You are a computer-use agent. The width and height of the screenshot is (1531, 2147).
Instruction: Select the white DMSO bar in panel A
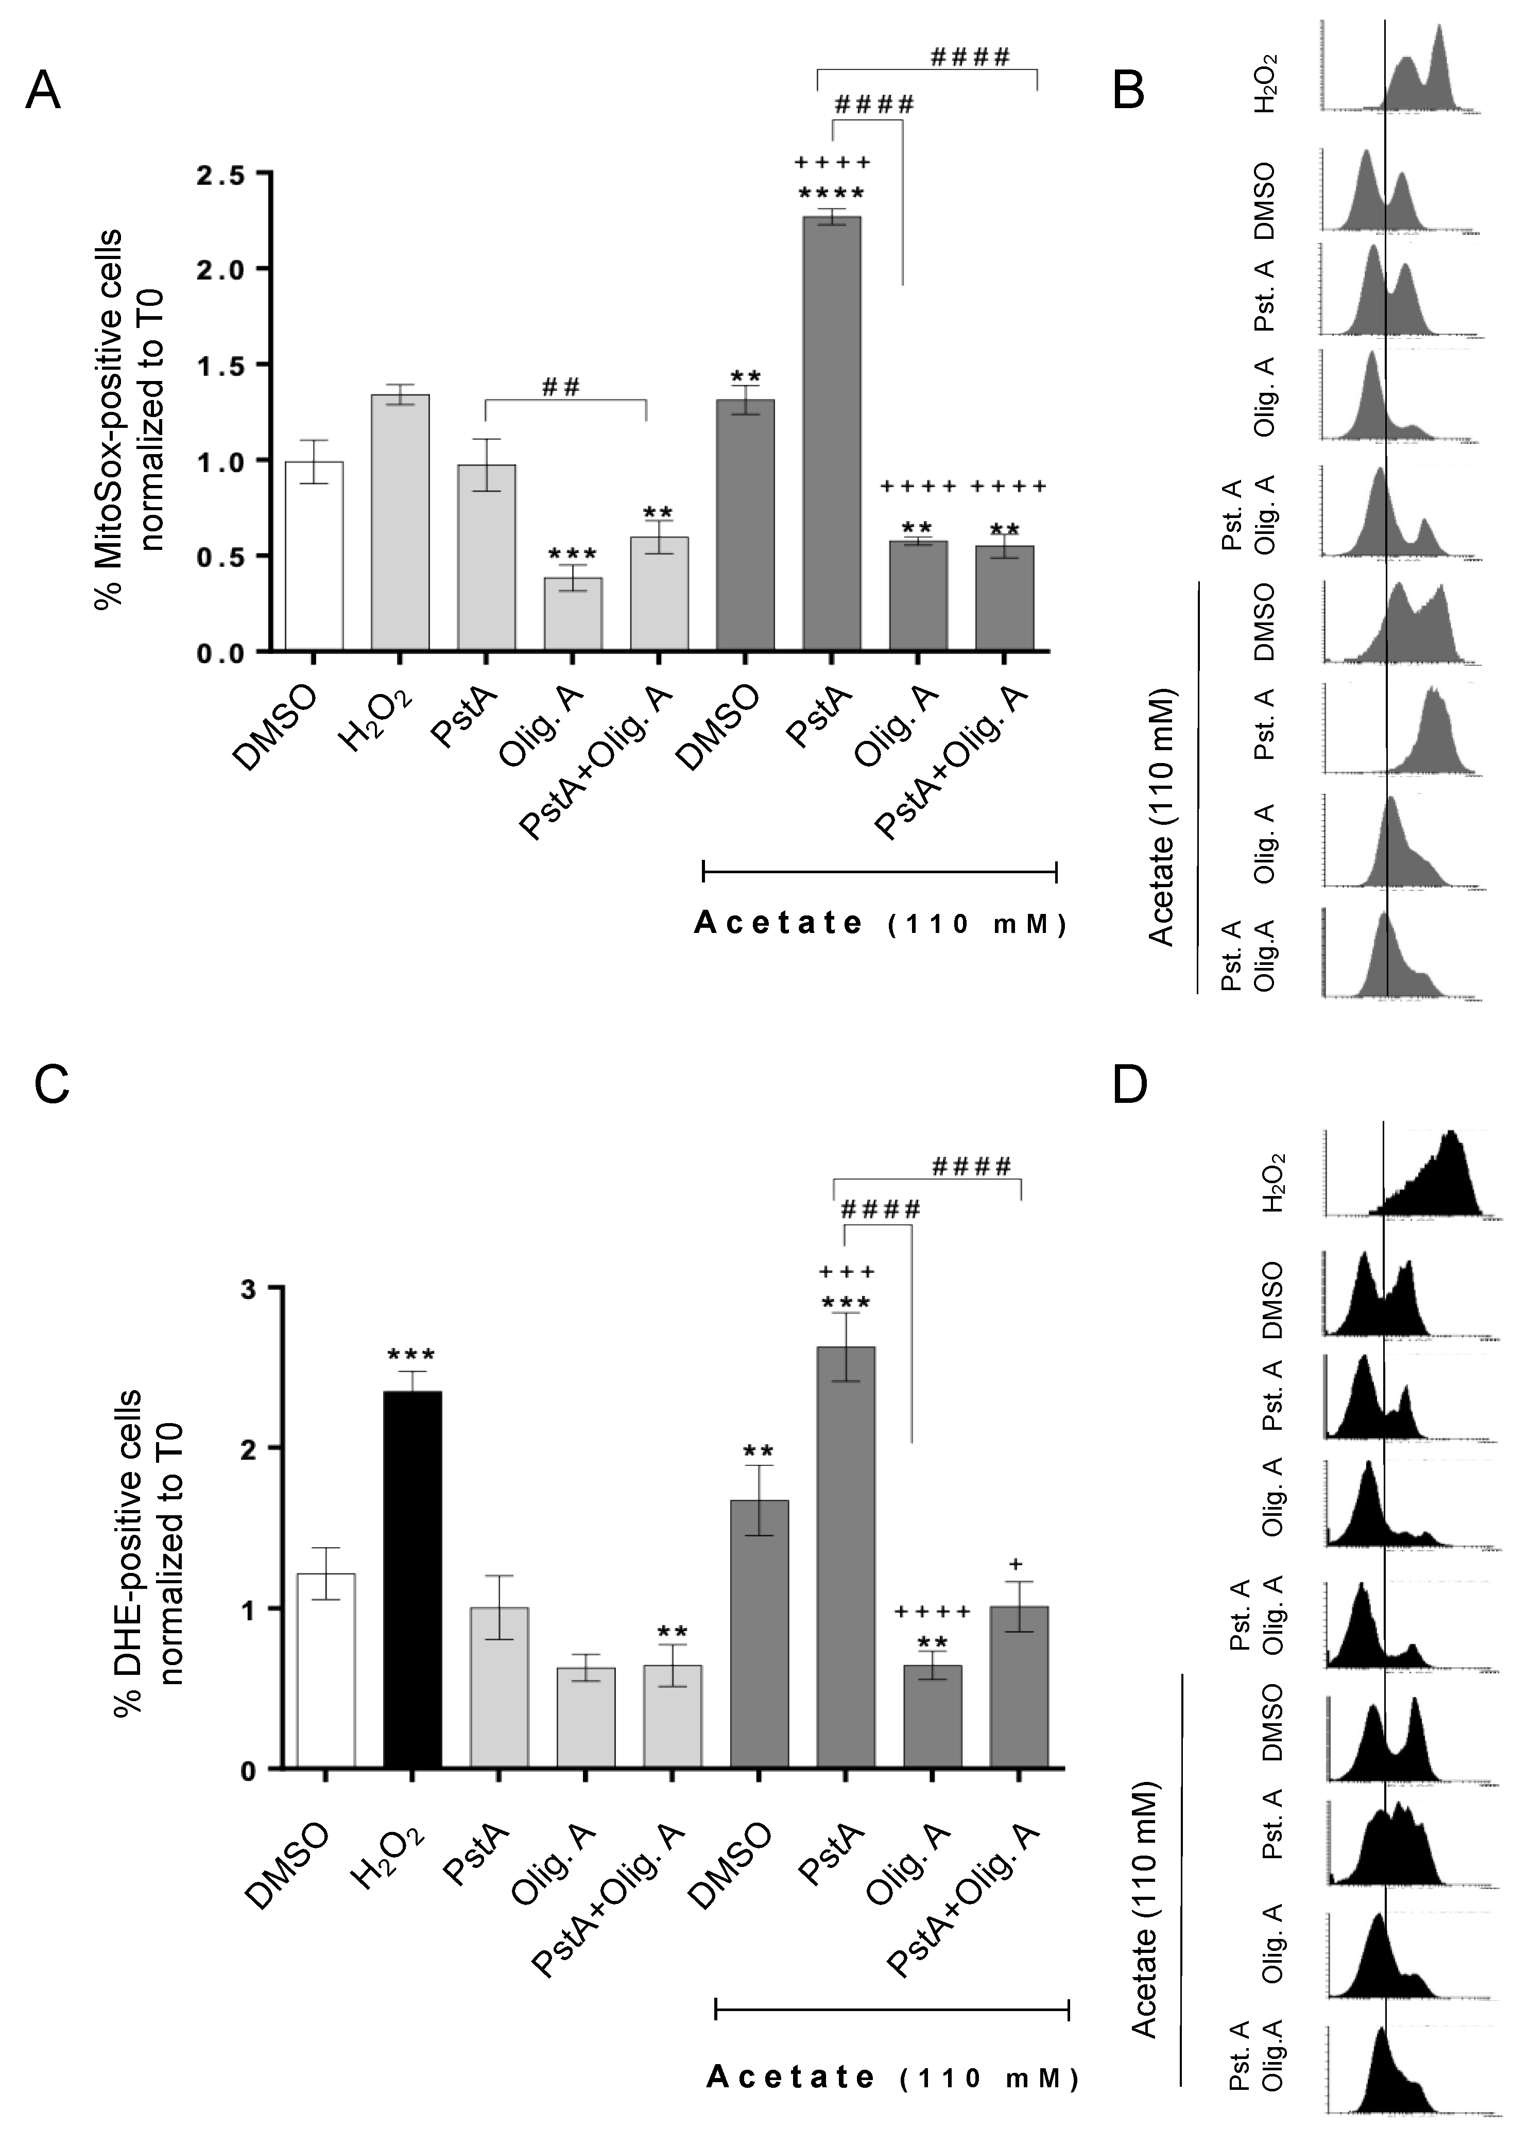(x=314, y=556)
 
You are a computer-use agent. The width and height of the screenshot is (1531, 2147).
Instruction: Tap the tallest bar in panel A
(x=832, y=434)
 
